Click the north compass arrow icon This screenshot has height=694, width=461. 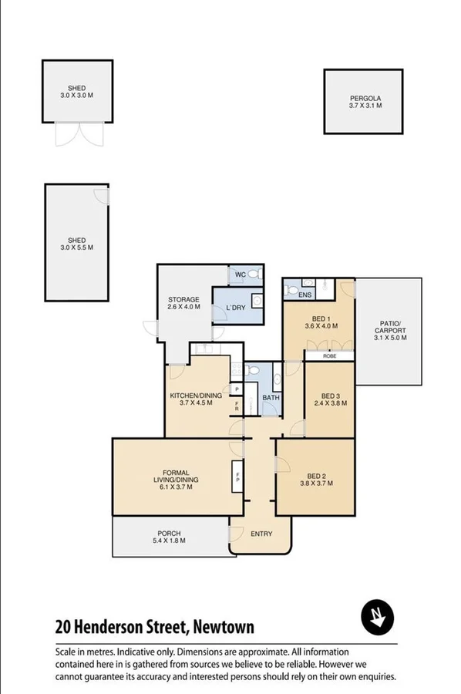[378, 617]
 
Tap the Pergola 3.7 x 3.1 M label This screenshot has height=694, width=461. [365, 102]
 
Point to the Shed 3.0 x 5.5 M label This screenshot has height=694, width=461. [76, 244]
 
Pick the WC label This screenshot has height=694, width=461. [239, 275]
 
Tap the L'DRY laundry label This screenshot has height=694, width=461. [235, 308]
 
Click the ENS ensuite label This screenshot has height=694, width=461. [305, 295]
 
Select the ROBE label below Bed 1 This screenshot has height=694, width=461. [329, 356]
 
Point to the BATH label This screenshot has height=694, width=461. [270, 398]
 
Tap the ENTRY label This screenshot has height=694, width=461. [261, 534]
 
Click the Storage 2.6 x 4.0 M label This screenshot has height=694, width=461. [184, 303]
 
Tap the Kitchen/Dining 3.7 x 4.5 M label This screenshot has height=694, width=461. [196, 399]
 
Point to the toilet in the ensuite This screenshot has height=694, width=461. [291, 290]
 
